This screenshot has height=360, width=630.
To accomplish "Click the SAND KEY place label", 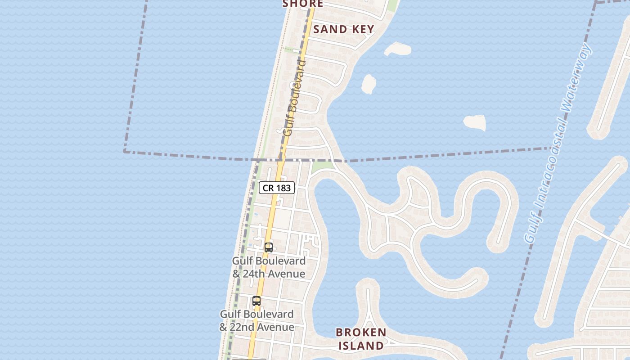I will point(343,30).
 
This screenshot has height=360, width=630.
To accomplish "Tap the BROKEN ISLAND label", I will point(361,339).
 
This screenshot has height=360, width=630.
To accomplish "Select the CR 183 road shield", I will point(277,188).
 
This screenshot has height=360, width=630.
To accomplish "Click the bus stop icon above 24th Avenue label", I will point(269,247).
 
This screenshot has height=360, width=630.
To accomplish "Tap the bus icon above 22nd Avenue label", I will point(256,301).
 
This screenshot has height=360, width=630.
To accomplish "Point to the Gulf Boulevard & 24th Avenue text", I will point(269,267).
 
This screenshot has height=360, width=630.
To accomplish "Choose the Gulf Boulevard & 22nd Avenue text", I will point(256,321).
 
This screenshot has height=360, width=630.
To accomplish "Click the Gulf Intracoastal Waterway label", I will point(558,143).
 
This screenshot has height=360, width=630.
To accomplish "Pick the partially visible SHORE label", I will point(302,4).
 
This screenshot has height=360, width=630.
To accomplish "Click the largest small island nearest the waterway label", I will point(475,122).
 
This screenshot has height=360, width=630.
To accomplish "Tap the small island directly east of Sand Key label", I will point(398,48).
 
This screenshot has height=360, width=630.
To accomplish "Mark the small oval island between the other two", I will point(369,84).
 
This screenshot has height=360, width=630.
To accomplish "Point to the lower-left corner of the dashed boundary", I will point(125,152).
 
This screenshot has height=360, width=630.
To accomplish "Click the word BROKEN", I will point(361,333).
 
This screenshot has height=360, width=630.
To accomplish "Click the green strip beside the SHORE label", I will point(392,5).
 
